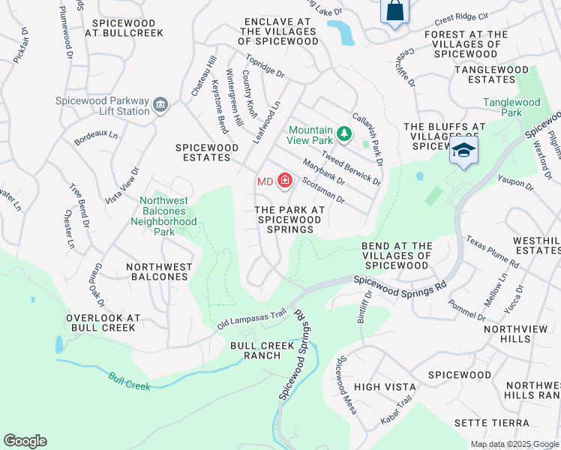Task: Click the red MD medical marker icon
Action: (x=284, y=181)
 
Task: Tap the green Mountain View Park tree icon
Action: (x=343, y=134)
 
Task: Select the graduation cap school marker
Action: (x=463, y=150)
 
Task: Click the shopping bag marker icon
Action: (x=394, y=11)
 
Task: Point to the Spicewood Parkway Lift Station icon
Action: (x=160, y=106)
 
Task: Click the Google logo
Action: (x=25, y=441)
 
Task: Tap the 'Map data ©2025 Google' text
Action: (x=514, y=444)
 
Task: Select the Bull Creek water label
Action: (x=129, y=382)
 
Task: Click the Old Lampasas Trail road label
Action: (x=252, y=319)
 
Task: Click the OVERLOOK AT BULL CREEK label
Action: (x=103, y=322)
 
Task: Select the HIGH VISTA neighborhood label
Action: (x=385, y=386)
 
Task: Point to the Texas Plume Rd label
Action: (x=492, y=252)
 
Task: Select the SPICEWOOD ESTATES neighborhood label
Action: (x=202, y=152)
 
